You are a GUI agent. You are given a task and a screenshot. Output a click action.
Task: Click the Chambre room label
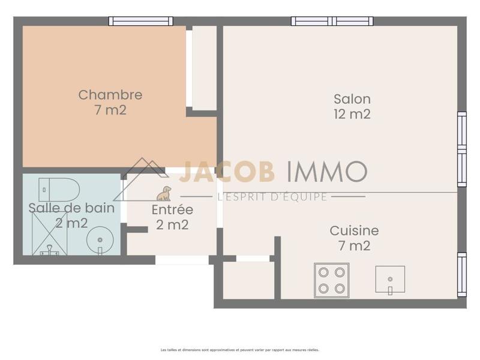pyautogui.click(x=110, y=95)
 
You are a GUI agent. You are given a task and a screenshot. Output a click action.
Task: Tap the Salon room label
pyautogui.click(x=352, y=99)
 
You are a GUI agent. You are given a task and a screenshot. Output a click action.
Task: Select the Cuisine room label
pyautogui.click(x=354, y=230)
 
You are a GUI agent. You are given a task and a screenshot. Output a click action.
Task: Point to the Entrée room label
pyautogui.click(x=172, y=210)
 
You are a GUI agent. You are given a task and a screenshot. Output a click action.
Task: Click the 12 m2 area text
pyautogui.click(x=352, y=114)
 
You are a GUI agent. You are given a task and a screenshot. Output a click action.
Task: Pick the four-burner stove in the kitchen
pyautogui.click(x=331, y=280)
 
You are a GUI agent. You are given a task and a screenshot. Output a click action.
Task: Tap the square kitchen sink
pyautogui.click(x=390, y=280)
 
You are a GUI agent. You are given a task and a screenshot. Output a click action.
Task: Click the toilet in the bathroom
pyautogui.click(x=59, y=190)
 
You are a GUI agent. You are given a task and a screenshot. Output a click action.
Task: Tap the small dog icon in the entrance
pyautogui.click(x=164, y=193)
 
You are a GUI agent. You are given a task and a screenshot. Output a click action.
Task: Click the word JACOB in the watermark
pyautogui.click(x=227, y=171)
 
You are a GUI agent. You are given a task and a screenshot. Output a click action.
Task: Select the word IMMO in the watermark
pyautogui.click(x=326, y=171)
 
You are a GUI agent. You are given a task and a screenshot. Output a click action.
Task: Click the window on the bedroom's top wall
pyautogui.click(x=141, y=22)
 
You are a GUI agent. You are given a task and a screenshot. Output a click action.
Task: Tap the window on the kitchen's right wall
pyautogui.click(x=461, y=274)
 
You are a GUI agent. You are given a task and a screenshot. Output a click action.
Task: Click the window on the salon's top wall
pyautogui.click(x=332, y=22)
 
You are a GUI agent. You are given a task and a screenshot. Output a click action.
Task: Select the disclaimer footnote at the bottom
pyautogui.click(x=240, y=349)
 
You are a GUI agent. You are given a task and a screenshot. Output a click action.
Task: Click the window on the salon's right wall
pyautogui.click(x=461, y=148)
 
